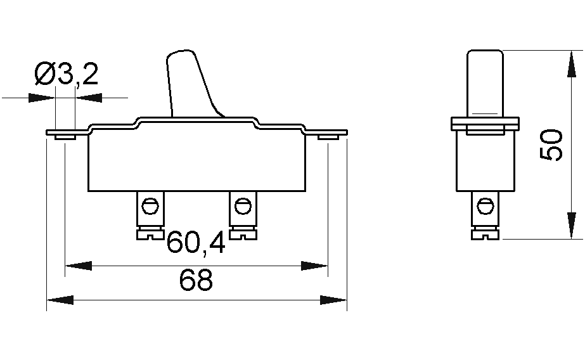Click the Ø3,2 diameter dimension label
67,74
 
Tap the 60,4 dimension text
196,243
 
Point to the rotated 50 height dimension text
551,145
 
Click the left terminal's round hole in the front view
150,206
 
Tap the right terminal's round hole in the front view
243,206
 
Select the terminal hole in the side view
485,206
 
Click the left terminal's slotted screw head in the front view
150,235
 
